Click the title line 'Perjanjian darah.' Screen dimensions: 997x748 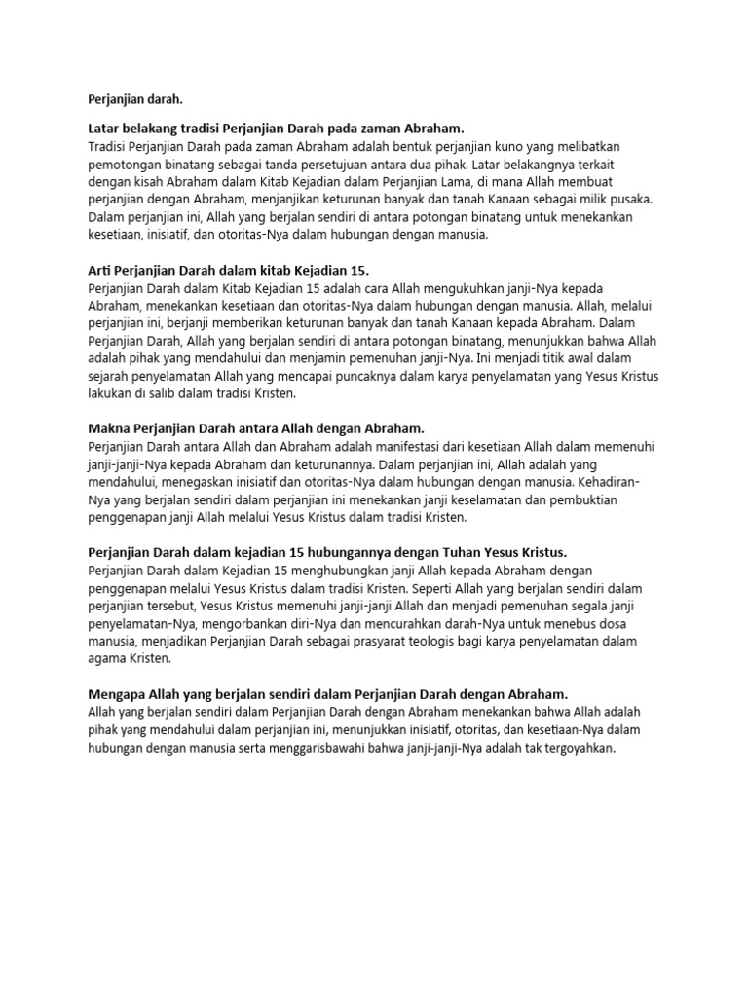point(135,99)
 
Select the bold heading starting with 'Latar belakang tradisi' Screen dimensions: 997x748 point(277,129)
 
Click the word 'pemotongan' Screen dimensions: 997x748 point(123,164)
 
